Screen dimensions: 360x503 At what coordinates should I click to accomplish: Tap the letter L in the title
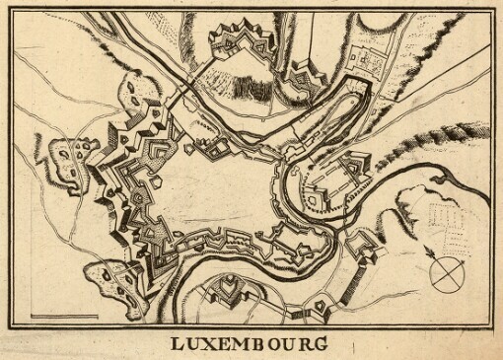[x=175, y=347]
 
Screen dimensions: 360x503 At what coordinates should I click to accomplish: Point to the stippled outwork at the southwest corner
[x=105, y=279]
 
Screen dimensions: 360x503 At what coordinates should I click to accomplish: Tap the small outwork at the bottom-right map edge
[x=318, y=314]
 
